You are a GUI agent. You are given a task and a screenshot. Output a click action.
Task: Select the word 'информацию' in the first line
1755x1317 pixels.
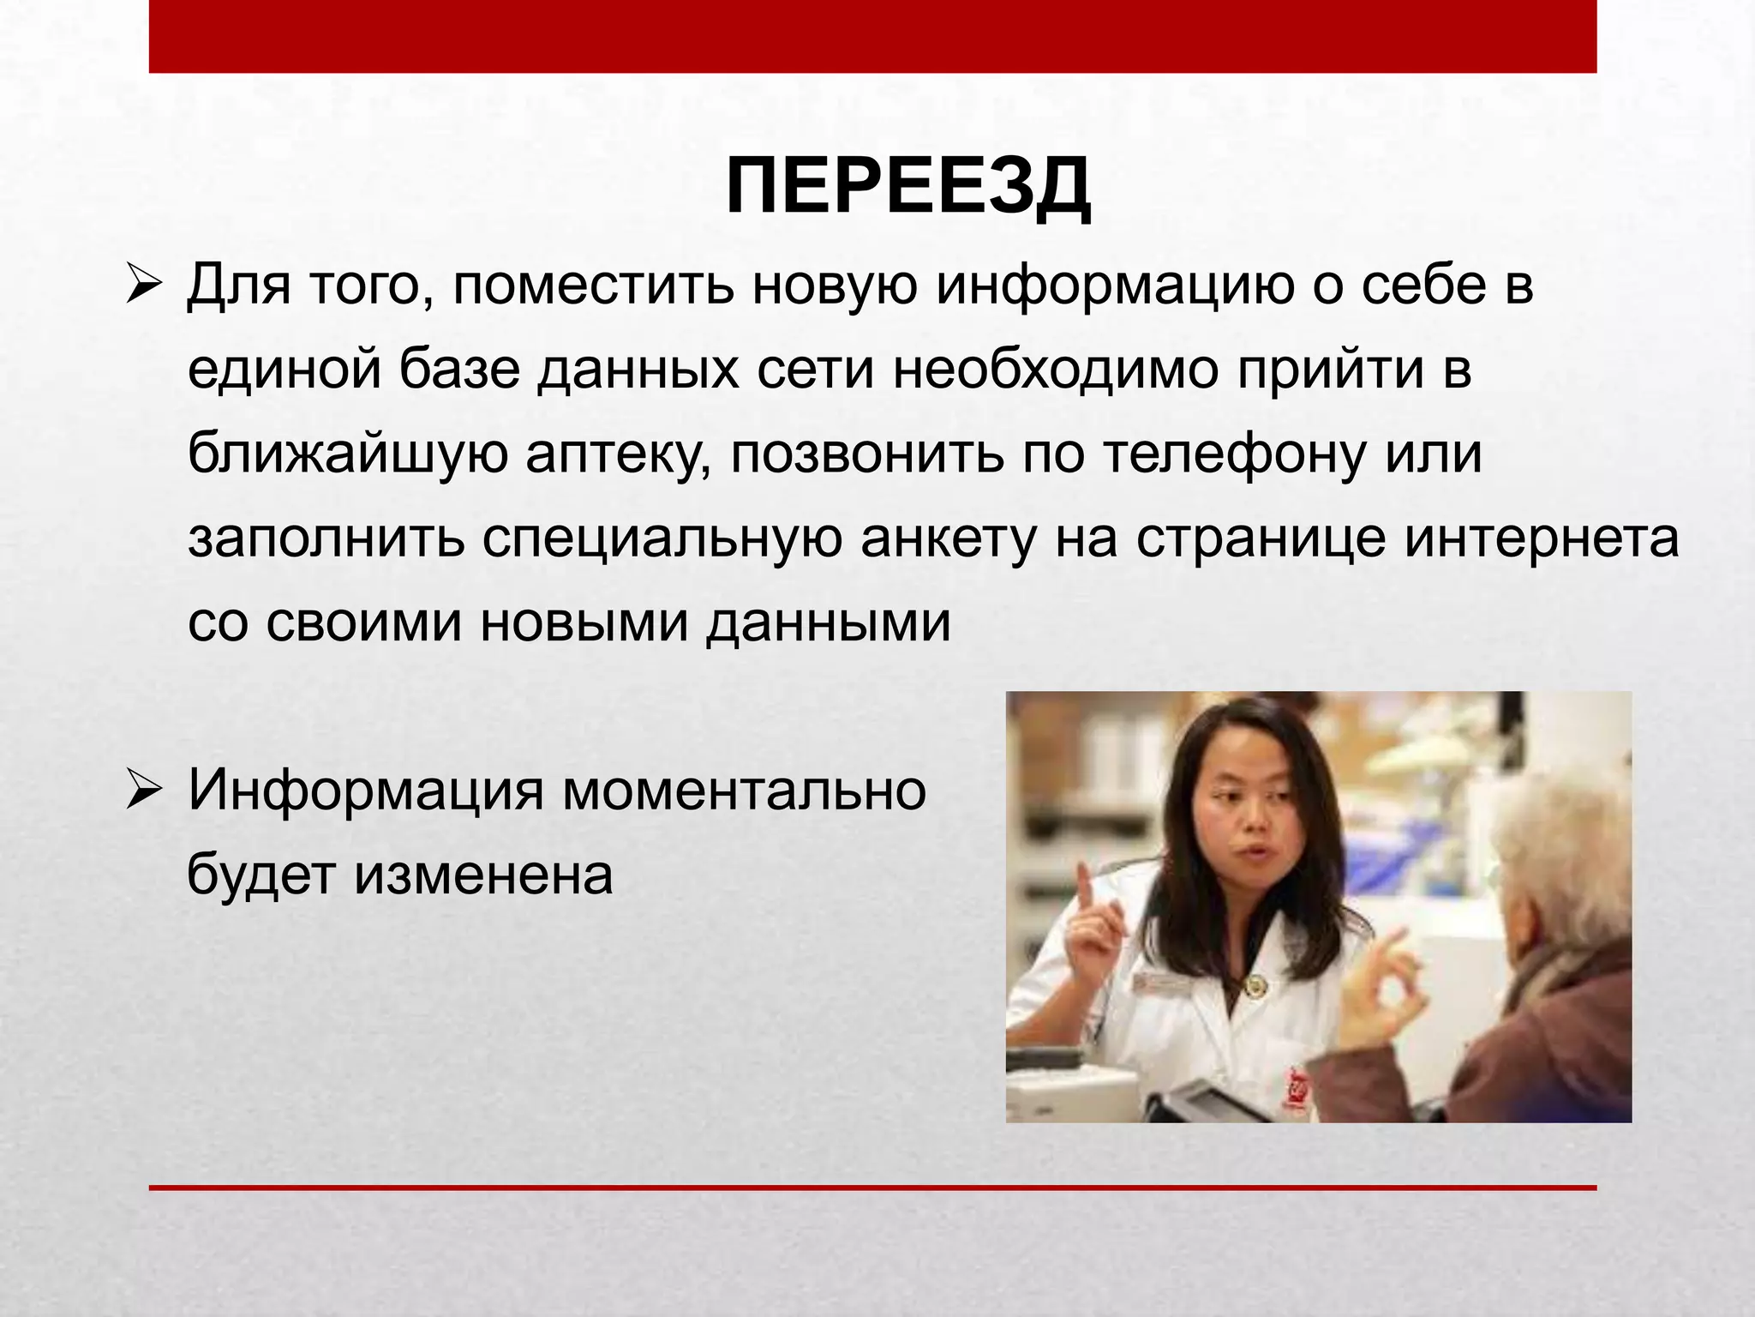1115,286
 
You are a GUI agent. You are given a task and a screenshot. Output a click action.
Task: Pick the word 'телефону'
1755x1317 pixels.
1234,454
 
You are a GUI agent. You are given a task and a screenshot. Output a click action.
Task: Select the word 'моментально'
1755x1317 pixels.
744,790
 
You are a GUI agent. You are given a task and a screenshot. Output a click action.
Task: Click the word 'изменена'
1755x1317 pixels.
483,875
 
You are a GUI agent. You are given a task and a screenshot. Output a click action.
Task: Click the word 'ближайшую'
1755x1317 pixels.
347,454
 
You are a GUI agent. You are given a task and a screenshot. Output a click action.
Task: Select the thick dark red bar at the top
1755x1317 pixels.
872,36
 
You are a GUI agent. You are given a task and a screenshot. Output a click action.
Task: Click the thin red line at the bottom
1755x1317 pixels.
872,1188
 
